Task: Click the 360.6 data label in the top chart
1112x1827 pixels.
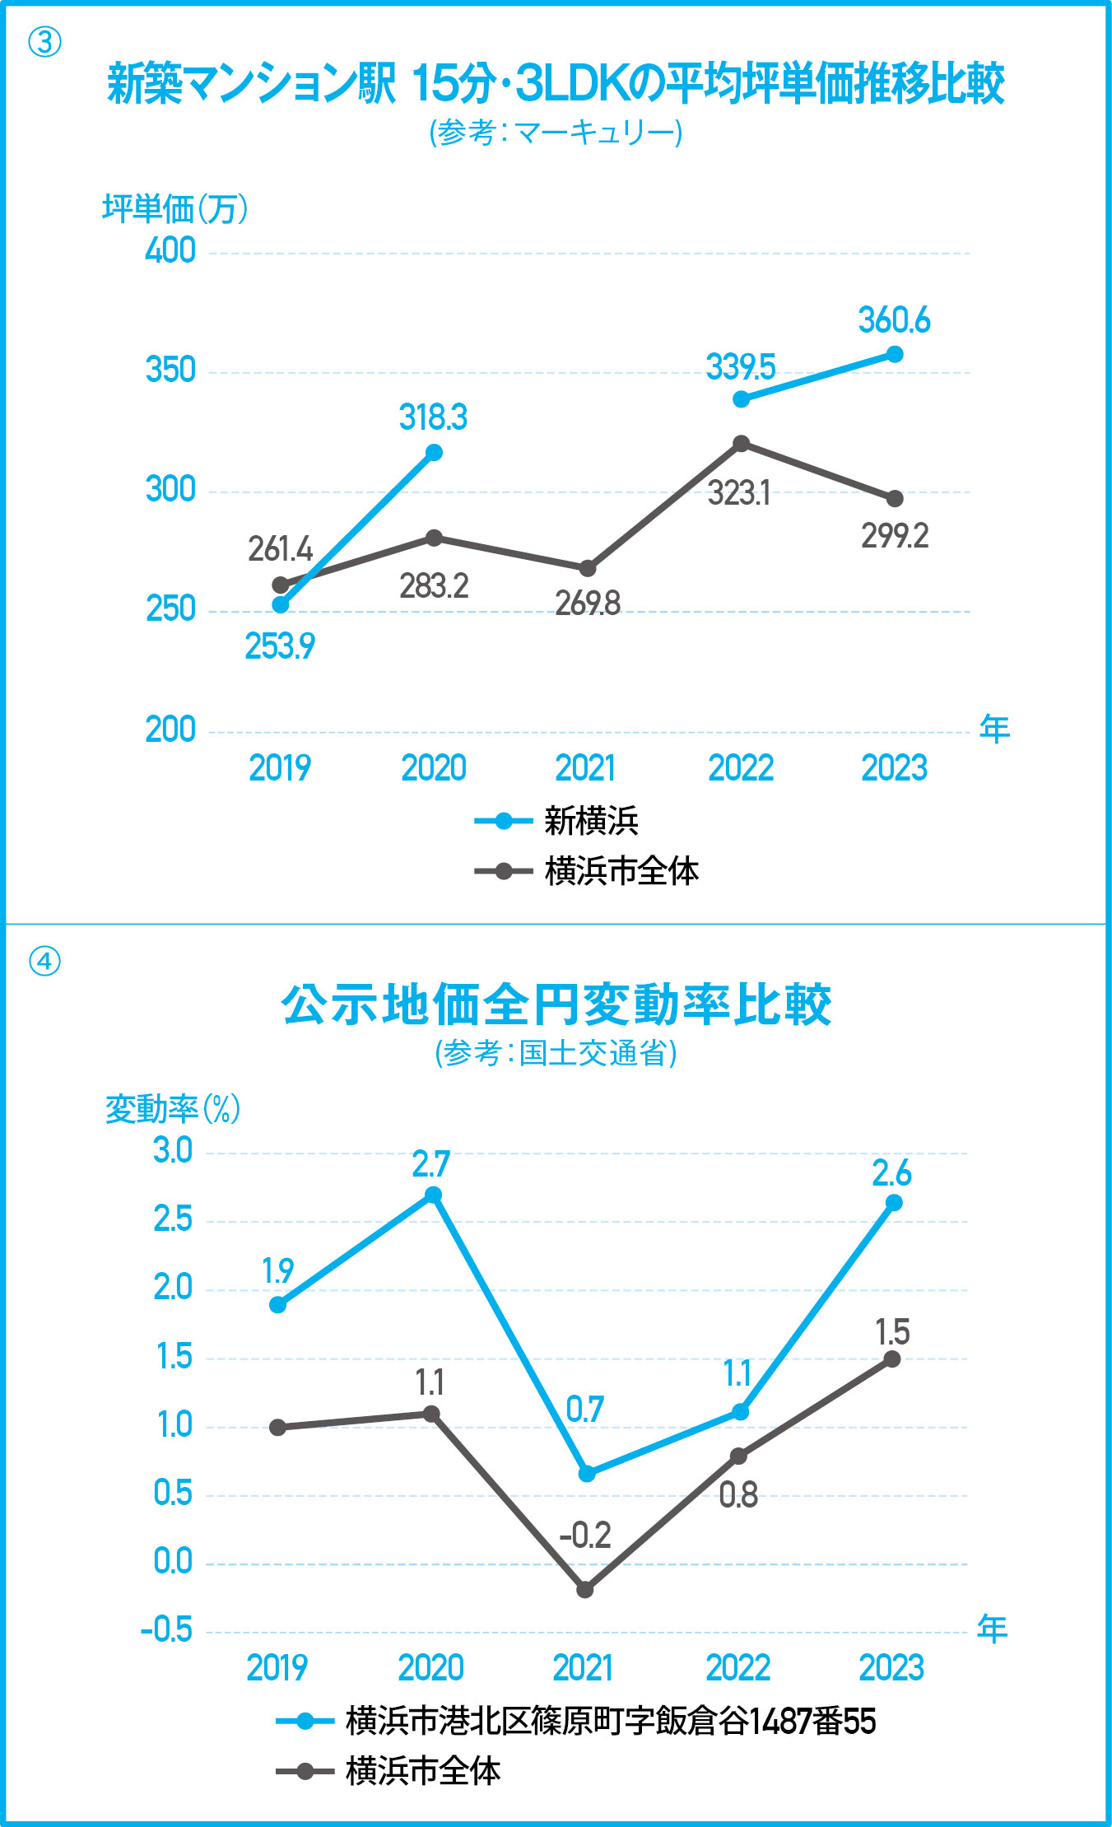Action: pyautogui.click(x=894, y=320)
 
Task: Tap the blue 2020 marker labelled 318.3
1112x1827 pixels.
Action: pyautogui.click(x=434, y=452)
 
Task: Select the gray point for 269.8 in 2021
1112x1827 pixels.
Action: pyautogui.click(x=588, y=568)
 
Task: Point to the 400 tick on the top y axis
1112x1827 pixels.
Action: pyautogui.click(x=170, y=251)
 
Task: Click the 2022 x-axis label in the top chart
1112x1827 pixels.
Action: pyautogui.click(x=741, y=768)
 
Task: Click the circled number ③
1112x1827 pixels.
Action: pyautogui.click(x=45, y=42)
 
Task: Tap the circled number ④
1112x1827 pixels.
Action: pyautogui.click(x=45, y=961)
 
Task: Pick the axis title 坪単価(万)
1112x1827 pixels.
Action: pyautogui.click(x=174, y=208)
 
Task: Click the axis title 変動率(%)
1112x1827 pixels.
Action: pyautogui.click(x=173, y=1109)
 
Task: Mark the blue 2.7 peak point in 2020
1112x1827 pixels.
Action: pyautogui.click(x=433, y=1195)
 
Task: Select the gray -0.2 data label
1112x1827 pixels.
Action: pyautogui.click(x=585, y=1536)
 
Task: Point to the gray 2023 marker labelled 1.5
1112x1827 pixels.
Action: pyautogui.click(x=892, y=1359)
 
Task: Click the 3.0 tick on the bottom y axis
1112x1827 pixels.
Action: pyautogui.click(x=173, y=1151)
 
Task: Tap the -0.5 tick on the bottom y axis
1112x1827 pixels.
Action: pyautogui.click(x=167, y=1630)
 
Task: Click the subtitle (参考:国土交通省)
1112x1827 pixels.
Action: pyautogui.click(x=556, y=1053)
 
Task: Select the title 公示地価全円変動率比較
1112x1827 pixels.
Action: pyautogui.click(x=556, y=1004)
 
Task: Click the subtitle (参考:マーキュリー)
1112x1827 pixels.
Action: pyautogui.click(x=556, y=133)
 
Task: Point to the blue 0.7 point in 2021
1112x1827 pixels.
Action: pyautogui.click(x=587, y=1474)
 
